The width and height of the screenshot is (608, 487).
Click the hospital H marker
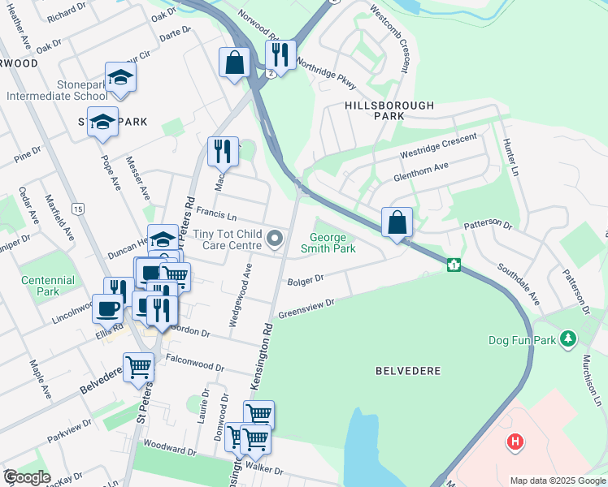[x=514, y=442]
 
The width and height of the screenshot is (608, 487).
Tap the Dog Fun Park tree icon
[x=570, y=338]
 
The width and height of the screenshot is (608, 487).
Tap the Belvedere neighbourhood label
[x=408, y=371]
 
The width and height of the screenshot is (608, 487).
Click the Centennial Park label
[x=48, y=286]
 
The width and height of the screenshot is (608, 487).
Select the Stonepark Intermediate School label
[x=57, y=90]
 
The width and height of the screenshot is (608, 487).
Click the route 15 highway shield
[x=76, y=209]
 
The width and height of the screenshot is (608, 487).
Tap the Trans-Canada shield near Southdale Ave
[x=454, y=265]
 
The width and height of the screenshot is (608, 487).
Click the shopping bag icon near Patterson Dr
[x=397, y=222]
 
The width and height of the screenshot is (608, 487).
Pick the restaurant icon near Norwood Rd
[x=280, y=55]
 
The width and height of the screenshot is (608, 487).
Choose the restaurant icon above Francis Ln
[x=222, y=151]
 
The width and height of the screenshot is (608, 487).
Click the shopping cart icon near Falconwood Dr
[x=138, y=368]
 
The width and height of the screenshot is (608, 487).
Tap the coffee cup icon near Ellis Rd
[x=109, y=309]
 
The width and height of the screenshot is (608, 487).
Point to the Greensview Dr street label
[x=306, y=308]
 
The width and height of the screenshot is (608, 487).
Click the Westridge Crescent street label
[x=437, y=145]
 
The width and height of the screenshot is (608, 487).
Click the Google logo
[x=28, y=477]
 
